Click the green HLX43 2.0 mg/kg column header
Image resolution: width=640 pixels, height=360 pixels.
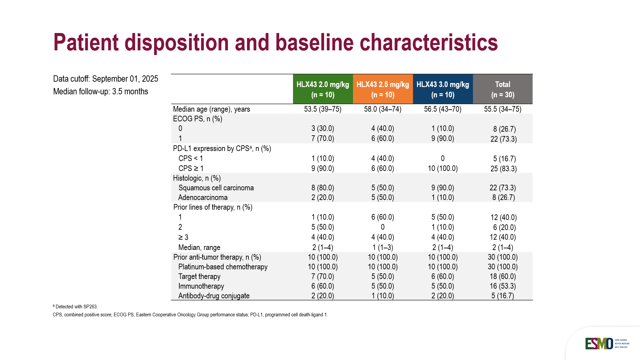[323, 89]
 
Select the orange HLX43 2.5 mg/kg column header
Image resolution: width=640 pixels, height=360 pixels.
[383, 89]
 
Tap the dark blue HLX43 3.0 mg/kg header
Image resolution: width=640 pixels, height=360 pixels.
[443, 89]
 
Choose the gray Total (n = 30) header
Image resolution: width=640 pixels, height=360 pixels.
[503, 89]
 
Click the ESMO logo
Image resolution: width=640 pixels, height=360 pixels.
[599, 344]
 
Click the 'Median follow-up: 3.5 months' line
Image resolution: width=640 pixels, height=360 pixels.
[100, 92]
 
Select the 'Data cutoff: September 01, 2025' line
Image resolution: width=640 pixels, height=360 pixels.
[105, 79]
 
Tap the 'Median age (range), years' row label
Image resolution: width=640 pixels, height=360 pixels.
[211, 109]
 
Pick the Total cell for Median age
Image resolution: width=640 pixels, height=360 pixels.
[503, 109]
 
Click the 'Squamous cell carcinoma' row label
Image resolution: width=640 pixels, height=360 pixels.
[216, 188]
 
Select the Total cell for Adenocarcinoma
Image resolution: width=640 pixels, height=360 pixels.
[503, 198]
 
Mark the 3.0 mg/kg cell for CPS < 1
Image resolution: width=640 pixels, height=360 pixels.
[443, 159]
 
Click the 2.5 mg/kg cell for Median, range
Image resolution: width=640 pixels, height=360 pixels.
[383, 248]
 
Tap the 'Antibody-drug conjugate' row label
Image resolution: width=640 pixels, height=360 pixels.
[214, 296]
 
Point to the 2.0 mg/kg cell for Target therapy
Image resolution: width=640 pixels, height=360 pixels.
[323, 277]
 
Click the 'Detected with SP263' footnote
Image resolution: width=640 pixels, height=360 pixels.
[76, 307]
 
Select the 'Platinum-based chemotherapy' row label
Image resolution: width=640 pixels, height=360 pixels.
[223, 267]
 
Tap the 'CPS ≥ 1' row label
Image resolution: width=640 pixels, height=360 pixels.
[191, 169]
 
